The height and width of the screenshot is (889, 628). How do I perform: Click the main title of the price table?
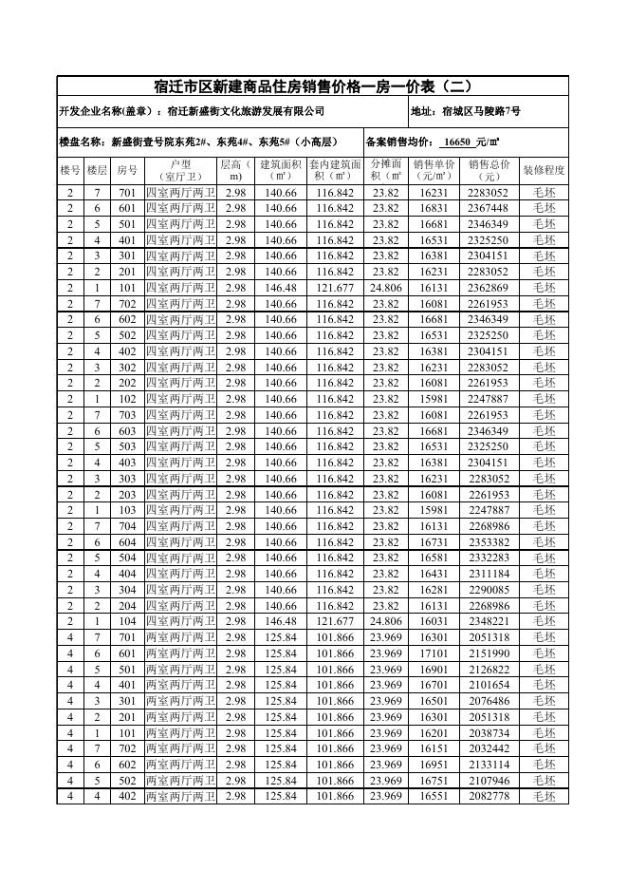(313, 86)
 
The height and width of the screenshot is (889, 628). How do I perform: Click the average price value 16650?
(457, 142)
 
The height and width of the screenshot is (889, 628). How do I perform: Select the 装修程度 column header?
(544, 170)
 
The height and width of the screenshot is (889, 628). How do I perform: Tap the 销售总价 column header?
(489, 170)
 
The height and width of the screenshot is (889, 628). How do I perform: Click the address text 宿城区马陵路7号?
(480, 111)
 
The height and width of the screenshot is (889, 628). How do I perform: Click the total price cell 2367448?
(489, 208)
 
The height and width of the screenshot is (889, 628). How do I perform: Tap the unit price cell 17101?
(434, 653)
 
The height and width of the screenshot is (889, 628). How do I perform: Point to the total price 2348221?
(489, 621)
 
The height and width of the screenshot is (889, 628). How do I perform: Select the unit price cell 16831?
(434, 208)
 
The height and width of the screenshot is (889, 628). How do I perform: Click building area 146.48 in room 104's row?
(281, 621)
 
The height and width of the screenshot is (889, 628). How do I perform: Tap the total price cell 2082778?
(489, 796)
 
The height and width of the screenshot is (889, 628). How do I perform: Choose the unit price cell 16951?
(434, 765)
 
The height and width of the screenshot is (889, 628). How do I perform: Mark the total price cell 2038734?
(489, 733)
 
